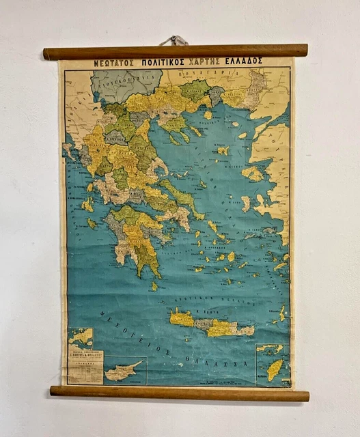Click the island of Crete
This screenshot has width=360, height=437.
[x=212, y=324]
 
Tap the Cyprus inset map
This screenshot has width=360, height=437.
[x=126, y=370]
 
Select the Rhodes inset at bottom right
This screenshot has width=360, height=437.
[x=273, y=363]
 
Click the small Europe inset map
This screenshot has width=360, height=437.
[x=81, y=339]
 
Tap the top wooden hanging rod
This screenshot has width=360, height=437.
[x=175, y=51]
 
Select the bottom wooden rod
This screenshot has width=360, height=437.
[x=179, y=394]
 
